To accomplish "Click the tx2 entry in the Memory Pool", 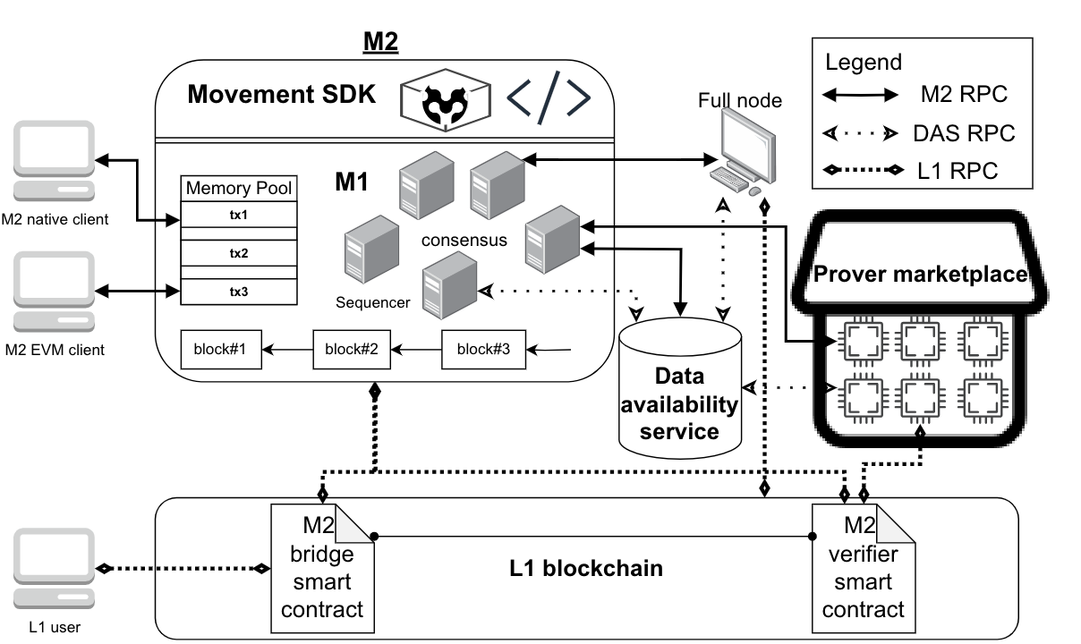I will (238, 253).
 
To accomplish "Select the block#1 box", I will (220, 349).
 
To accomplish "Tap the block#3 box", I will (483, 349).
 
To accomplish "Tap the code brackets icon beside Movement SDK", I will (549, 96).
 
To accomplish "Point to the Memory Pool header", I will (238, 189).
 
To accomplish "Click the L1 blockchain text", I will (586, 568).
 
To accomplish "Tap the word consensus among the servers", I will (465, 241).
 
